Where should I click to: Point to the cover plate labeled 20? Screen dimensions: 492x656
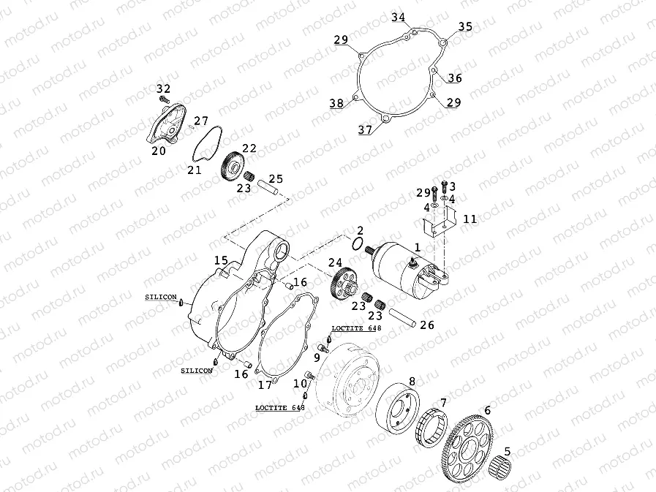pos(165,127)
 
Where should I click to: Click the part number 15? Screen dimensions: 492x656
pos(221,260)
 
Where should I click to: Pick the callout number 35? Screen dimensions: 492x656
pos(466,27)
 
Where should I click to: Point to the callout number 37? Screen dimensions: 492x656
pos(365,130)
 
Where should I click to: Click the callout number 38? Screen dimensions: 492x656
pos(336,104)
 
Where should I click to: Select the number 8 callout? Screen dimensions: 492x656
pos(412,382)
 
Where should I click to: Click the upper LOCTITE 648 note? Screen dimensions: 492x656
pos(356,329)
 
